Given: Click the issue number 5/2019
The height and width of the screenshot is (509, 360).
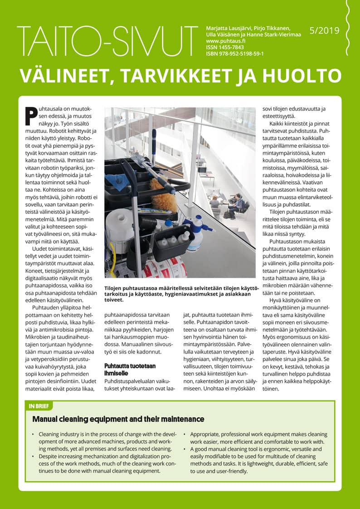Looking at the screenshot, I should coord(324,31).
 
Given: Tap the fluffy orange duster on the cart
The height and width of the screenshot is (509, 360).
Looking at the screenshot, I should coord(162,195).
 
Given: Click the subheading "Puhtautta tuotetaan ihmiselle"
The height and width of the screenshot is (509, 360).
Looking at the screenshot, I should coord(124,369).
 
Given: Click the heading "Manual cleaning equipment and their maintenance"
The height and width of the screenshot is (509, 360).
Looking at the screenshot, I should coord(118,419).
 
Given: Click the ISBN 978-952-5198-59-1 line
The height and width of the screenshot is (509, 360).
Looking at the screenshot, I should coord(235,53).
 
